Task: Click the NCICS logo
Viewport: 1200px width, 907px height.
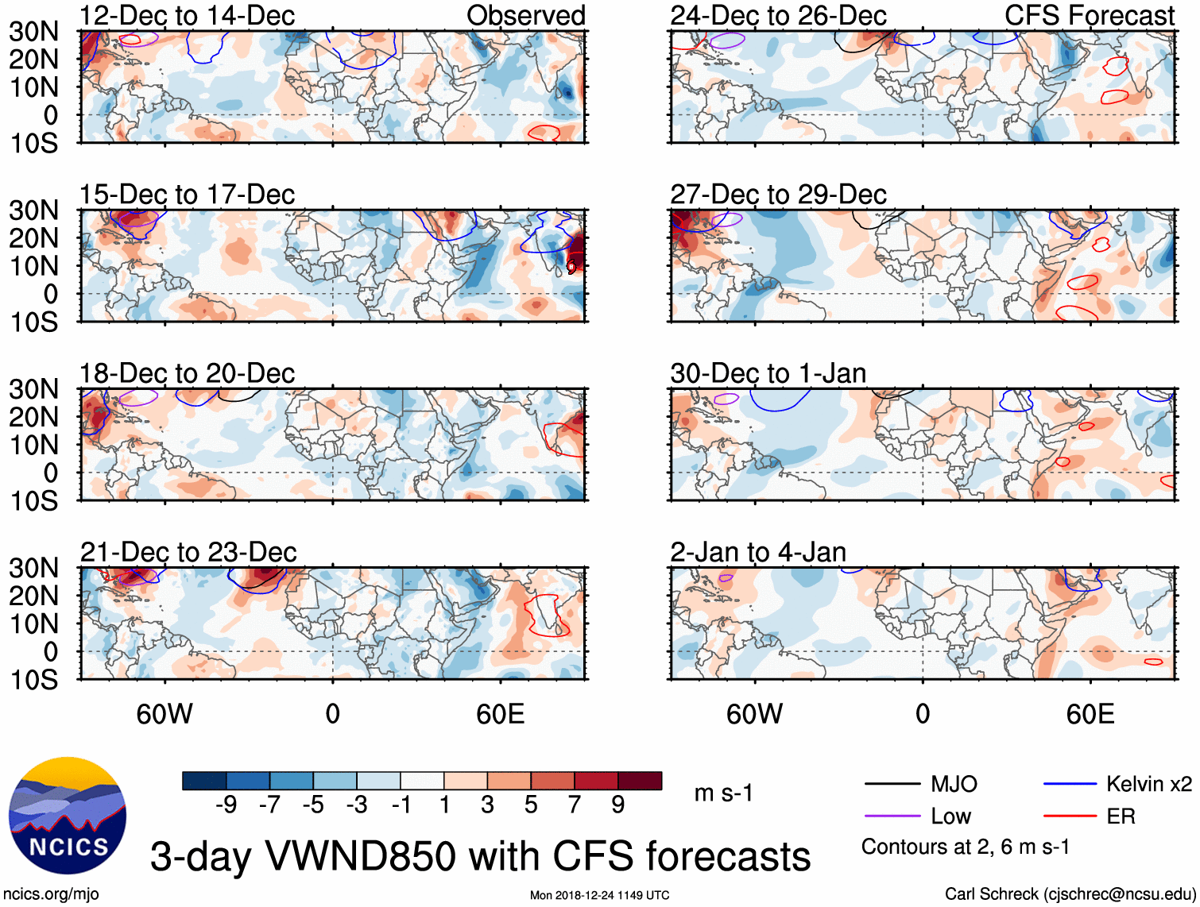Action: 68,816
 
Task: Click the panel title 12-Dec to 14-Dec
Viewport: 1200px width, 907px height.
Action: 187,15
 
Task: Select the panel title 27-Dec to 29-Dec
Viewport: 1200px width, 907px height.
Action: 778,194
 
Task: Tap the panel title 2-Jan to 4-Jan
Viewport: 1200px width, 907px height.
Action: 758,551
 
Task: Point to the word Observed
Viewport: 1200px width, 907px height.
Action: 526,15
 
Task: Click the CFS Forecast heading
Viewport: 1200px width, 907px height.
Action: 1090,15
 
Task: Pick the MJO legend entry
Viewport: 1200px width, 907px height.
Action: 954,785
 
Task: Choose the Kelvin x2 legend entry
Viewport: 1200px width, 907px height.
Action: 1148,785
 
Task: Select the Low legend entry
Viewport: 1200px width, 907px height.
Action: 950,816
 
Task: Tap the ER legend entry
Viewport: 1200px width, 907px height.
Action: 1121,816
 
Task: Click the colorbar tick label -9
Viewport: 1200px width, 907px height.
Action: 226,805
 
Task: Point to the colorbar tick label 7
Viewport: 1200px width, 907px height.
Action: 575,805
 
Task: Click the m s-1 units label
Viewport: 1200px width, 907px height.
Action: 723,793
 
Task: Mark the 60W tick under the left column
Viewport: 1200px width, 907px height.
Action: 165,714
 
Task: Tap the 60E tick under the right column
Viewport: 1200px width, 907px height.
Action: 1090,714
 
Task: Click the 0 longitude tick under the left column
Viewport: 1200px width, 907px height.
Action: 333,714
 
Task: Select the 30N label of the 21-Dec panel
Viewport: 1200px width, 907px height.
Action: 33,568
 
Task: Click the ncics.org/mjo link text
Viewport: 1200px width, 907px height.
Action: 51,893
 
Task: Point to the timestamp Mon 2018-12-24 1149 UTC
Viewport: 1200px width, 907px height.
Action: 600,895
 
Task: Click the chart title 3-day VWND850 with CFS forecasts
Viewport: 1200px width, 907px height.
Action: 480,856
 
